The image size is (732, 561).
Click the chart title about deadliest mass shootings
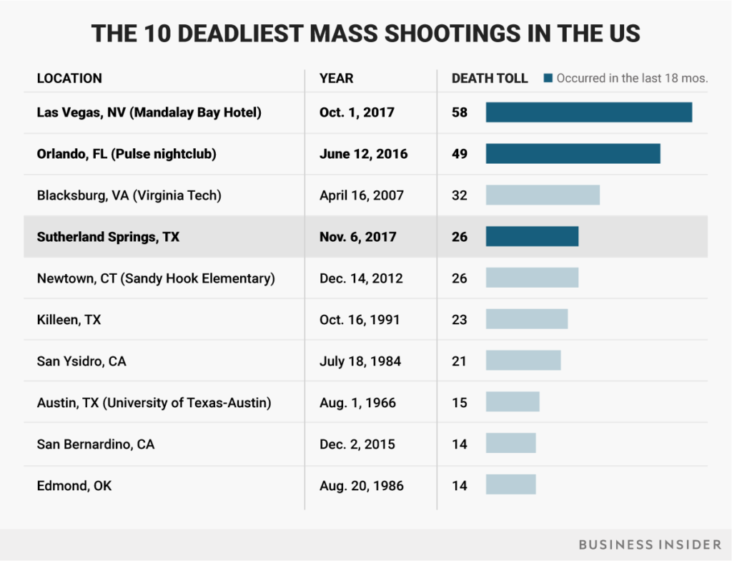(366, 34)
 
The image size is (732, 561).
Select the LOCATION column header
(69, 78)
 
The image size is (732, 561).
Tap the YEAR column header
(337, 78)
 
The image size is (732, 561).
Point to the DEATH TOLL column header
(490, 78)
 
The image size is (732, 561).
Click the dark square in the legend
(548, 78)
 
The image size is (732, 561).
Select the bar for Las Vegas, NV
(589, 112)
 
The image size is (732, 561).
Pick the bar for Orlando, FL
(573, 154)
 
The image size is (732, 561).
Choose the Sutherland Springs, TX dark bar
(532, 237)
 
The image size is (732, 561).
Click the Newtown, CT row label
(156, 278)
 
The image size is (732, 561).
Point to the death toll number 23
(460, 320)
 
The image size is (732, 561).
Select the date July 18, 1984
(360, 361)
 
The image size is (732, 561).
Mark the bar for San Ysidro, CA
(523, 361)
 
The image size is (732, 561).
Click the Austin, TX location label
(154, 403)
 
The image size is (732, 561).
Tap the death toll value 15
(460, 403)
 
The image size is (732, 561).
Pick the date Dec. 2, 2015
(356, 444)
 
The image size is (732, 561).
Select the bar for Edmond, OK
(510, 486)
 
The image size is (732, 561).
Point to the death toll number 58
(460, 112)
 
